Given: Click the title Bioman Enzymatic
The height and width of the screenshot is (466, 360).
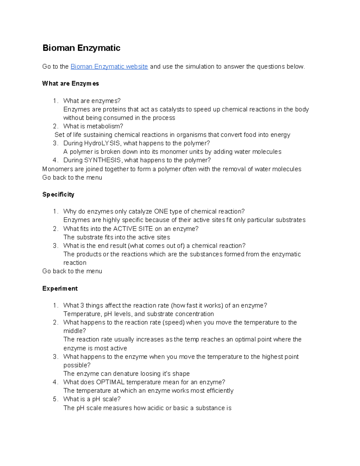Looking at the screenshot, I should click(81, 48).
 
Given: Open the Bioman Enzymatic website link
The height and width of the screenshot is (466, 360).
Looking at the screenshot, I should click(109, 67).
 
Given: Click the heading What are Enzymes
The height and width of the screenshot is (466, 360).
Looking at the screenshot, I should click(70, 84).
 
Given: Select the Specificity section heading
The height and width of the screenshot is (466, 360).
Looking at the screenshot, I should click(58, 194).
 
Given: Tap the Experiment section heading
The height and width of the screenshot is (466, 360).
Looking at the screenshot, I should click(60, 288).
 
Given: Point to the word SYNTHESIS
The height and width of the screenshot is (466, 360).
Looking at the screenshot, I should click(102, 160).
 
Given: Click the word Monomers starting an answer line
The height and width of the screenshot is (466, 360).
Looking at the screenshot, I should click(57, 169).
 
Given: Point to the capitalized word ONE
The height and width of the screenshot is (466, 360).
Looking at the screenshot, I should click(161, 212).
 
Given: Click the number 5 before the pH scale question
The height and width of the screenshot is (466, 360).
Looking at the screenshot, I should click(55, 399).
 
